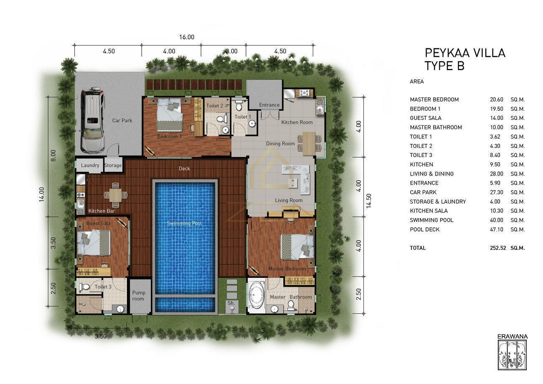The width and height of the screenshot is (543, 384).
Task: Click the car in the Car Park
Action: tap(93, 120)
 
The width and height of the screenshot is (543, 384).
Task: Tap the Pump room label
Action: tap(139, 295)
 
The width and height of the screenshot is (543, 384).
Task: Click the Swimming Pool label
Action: tap(185, 223)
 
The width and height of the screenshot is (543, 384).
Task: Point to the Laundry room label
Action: tap(90, 165)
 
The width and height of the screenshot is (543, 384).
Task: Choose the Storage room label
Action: tap(113, 165)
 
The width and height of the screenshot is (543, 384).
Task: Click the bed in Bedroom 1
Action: tap(170, 114)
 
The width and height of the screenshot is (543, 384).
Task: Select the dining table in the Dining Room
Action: tap(309, 143)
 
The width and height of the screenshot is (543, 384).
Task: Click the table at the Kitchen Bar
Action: tap(116, 195)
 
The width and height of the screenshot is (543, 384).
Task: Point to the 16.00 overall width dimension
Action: tap(187, 37)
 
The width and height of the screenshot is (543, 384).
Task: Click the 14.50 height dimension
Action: tap(369, 201)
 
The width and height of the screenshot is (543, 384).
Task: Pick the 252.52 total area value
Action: tap(498, 248)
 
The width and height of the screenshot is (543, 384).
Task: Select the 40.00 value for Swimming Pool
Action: tap(497, 220)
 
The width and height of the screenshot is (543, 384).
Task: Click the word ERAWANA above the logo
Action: tap(513, 336)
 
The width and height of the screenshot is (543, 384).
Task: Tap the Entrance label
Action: tap(269, 105)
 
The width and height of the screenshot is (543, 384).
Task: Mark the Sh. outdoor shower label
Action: tap(231, 303)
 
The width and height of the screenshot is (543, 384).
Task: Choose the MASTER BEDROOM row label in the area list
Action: tap(434, 99)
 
